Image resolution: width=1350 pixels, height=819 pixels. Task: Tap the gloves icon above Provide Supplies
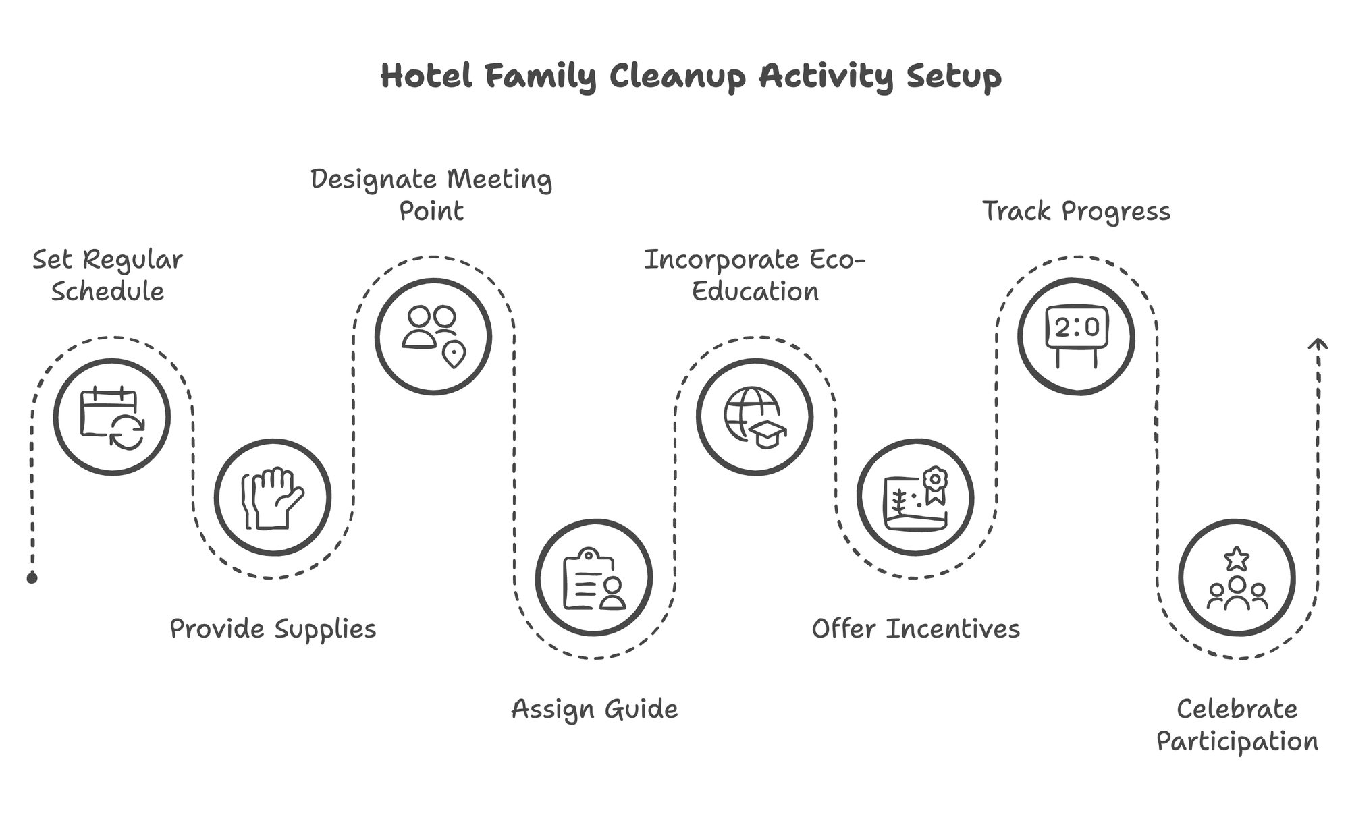273,498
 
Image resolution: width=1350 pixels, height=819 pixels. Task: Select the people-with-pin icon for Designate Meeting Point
433,336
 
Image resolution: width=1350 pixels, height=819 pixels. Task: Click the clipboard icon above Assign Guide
594,578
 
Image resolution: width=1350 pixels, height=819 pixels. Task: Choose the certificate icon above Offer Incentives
915,498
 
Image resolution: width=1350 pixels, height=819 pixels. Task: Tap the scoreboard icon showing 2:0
1076,336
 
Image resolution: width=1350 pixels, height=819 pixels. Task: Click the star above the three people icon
1237,559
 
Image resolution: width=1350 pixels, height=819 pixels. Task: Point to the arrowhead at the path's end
1318,343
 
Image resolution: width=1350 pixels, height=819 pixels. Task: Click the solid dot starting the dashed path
32,578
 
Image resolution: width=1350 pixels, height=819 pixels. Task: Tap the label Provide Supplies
273,629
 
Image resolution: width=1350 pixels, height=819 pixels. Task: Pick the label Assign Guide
594,709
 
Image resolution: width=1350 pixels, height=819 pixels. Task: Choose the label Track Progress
1076,211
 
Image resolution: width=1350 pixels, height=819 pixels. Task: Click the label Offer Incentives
915,629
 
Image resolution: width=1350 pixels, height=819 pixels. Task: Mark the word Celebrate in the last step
1237,709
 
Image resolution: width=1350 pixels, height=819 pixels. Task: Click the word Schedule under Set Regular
108,291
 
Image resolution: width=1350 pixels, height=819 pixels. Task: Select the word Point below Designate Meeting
431,211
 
